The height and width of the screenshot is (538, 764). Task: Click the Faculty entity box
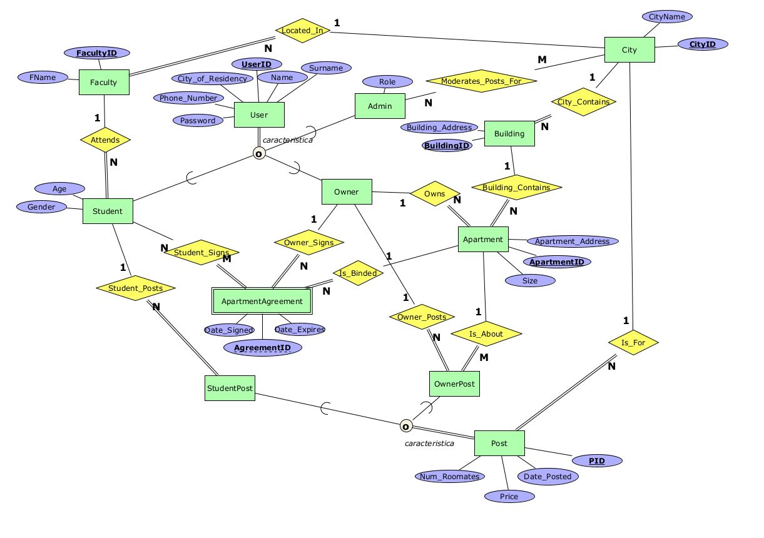pyautogui.click(x=104, y=82)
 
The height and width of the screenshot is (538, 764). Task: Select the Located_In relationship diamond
pyautogui.click(x=302, y=31)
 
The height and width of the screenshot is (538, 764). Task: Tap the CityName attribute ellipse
pyautogui.click(x=666, y=17)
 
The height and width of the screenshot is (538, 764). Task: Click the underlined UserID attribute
pyautogui.click(x=257, y=64)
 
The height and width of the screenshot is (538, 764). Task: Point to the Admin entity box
pyautogui.click(x=379, y=106)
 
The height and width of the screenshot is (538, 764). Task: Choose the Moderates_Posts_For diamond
pyautogui.click(x=481, y=81)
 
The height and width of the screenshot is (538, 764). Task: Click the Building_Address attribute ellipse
pyautogui.click(x=439, y=128)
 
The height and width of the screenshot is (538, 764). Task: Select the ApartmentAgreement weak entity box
pyautogui.click(x=262, y=302)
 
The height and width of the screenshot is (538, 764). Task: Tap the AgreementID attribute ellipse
pyautogui.click(x=262, y=347)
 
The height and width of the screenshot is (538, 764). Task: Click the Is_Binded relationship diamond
pyautogui.click(x=358, y=273)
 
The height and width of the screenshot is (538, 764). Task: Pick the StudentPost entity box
pyautogui.click(x=230, y=388)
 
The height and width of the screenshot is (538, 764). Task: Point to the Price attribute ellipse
pyautogui.click(x=509, y=496)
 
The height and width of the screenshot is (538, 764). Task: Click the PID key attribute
pyautogui.click(x=597, y=461)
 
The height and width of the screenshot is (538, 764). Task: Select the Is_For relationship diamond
pyautogui.click(x=633, y=342)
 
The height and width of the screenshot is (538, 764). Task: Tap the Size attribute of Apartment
pyautogui.click(x=530, y=280)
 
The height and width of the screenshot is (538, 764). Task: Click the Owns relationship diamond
pyautogui.click(x=434, y=194)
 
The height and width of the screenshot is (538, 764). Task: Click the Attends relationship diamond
pyautogui.click(x=105, y=140)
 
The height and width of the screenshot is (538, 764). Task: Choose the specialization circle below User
pyautogui.click(x=258, y=153)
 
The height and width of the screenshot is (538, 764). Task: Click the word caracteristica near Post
pyautogui.click(x=429, y=444)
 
